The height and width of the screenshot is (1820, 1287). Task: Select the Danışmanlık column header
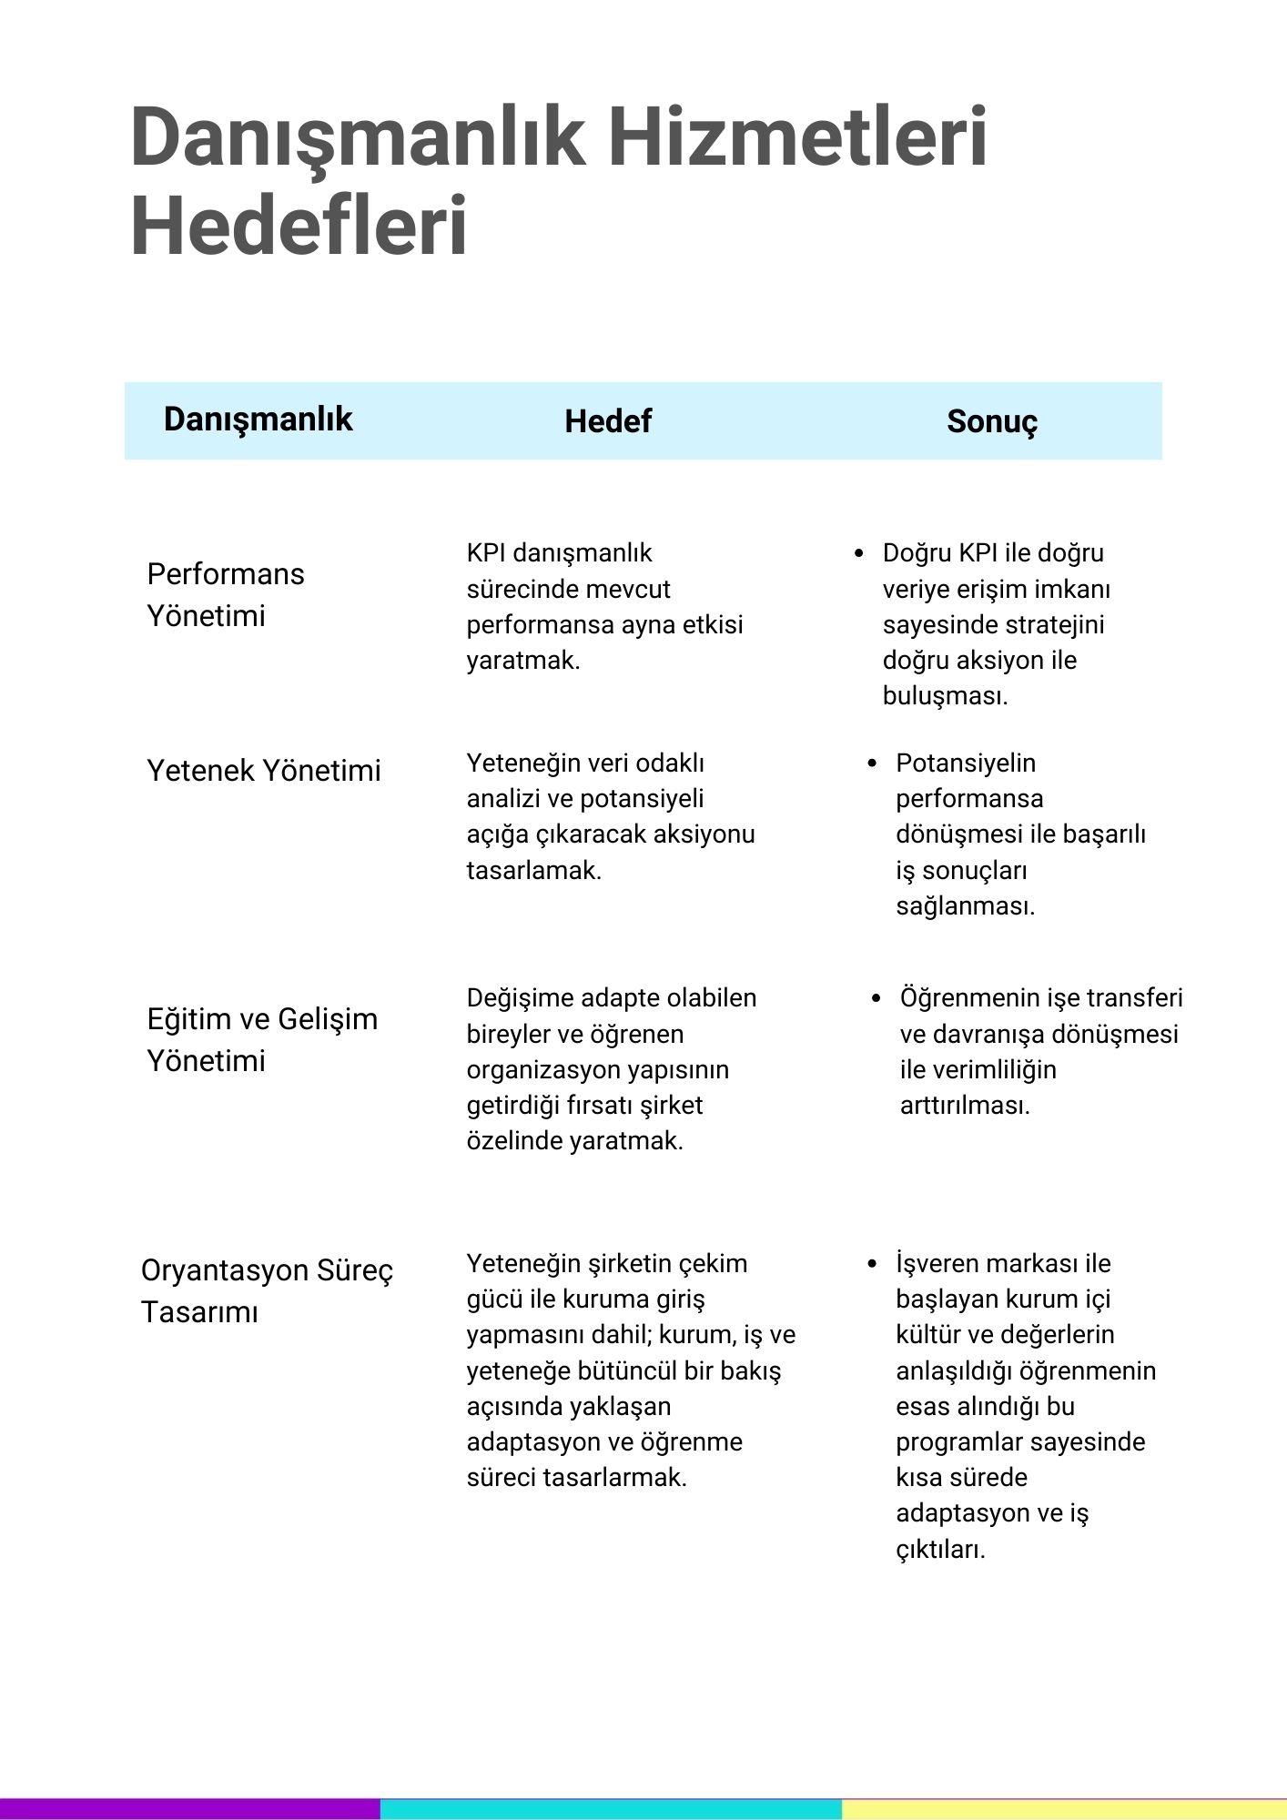(258, 420)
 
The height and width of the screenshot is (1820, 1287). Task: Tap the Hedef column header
(608, 421)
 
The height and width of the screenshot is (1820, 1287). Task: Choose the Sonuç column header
(992, 421)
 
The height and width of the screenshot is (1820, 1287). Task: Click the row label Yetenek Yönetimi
(264, 771)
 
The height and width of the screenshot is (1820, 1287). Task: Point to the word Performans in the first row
(226, 574)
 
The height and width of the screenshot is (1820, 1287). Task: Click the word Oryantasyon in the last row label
(212, 1270)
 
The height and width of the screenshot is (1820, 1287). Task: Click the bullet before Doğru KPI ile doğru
(859, 553)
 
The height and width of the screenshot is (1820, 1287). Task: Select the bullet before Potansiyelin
(872, 763)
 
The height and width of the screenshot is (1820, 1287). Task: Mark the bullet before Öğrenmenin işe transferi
(877, 998)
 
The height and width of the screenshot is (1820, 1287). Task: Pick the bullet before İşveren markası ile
(872, 1264)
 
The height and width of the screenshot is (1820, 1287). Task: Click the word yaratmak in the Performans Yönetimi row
(522, 661)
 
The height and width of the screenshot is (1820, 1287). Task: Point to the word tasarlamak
(532, 871)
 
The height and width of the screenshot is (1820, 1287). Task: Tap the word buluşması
(944, 696)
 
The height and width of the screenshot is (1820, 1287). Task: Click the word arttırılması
(964, 1106)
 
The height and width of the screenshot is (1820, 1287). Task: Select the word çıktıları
(939, 1550)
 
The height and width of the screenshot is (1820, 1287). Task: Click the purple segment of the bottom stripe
(189, 1809)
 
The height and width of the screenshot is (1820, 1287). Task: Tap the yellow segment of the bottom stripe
(1063, 1809)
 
